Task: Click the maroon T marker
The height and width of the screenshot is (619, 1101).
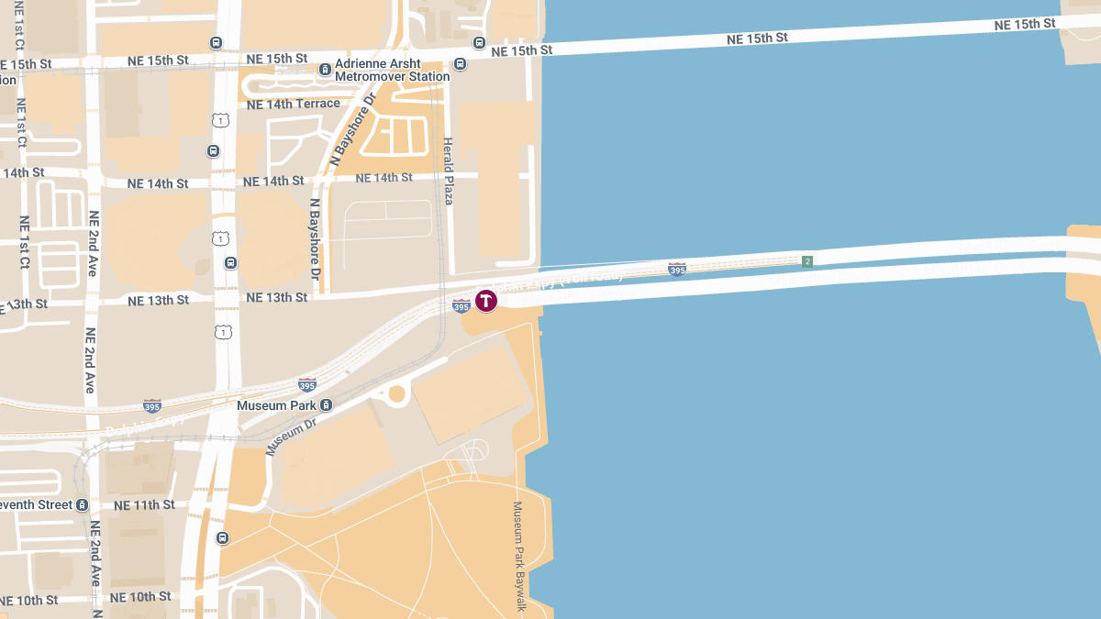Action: [485, 300]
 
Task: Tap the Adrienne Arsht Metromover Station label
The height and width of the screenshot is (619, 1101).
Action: [392, 71]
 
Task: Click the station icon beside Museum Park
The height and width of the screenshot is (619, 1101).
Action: [326, 405]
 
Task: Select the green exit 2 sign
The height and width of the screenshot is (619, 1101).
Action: [807, 261]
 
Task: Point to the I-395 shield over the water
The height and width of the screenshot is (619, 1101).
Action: [677, 269]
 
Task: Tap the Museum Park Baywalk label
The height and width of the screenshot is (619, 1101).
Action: [519, 556]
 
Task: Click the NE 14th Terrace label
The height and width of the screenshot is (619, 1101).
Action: [294, 104]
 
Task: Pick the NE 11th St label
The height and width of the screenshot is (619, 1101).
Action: [144, 505]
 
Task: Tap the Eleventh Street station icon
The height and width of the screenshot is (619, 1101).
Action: [83, 505]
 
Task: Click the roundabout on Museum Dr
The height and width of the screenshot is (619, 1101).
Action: [397, 393]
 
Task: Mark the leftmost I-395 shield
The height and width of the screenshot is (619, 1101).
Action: [152, 405]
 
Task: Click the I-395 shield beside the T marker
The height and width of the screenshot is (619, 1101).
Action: [462, 305]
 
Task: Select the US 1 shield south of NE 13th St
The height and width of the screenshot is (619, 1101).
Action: [220, 331]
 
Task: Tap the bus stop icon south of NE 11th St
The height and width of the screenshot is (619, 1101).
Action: [222, 538]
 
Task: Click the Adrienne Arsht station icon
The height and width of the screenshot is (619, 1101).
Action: [325, 70]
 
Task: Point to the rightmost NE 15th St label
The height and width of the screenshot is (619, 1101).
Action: [1024, 25]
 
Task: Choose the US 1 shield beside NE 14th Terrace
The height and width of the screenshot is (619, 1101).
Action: [220, 120]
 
